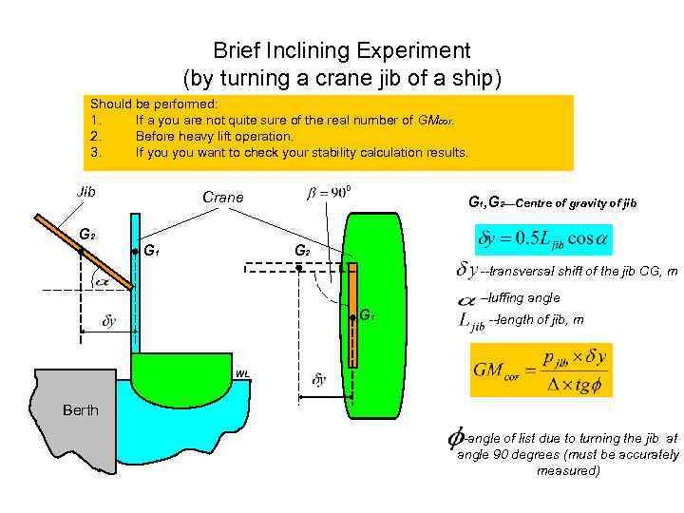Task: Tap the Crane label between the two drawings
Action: (x=223, y=198)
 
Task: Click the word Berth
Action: (x=81, y=410)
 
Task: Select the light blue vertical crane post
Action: (x=136, y=285)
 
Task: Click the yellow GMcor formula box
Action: (x=541, y=370)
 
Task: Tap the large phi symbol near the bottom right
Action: (x=454, y=438)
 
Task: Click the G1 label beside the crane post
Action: (x=151, y=252)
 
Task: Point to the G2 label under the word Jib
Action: (x=86, y=234)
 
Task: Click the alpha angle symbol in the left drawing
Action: (x=101, y=280)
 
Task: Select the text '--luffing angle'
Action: (x=521, y=298)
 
